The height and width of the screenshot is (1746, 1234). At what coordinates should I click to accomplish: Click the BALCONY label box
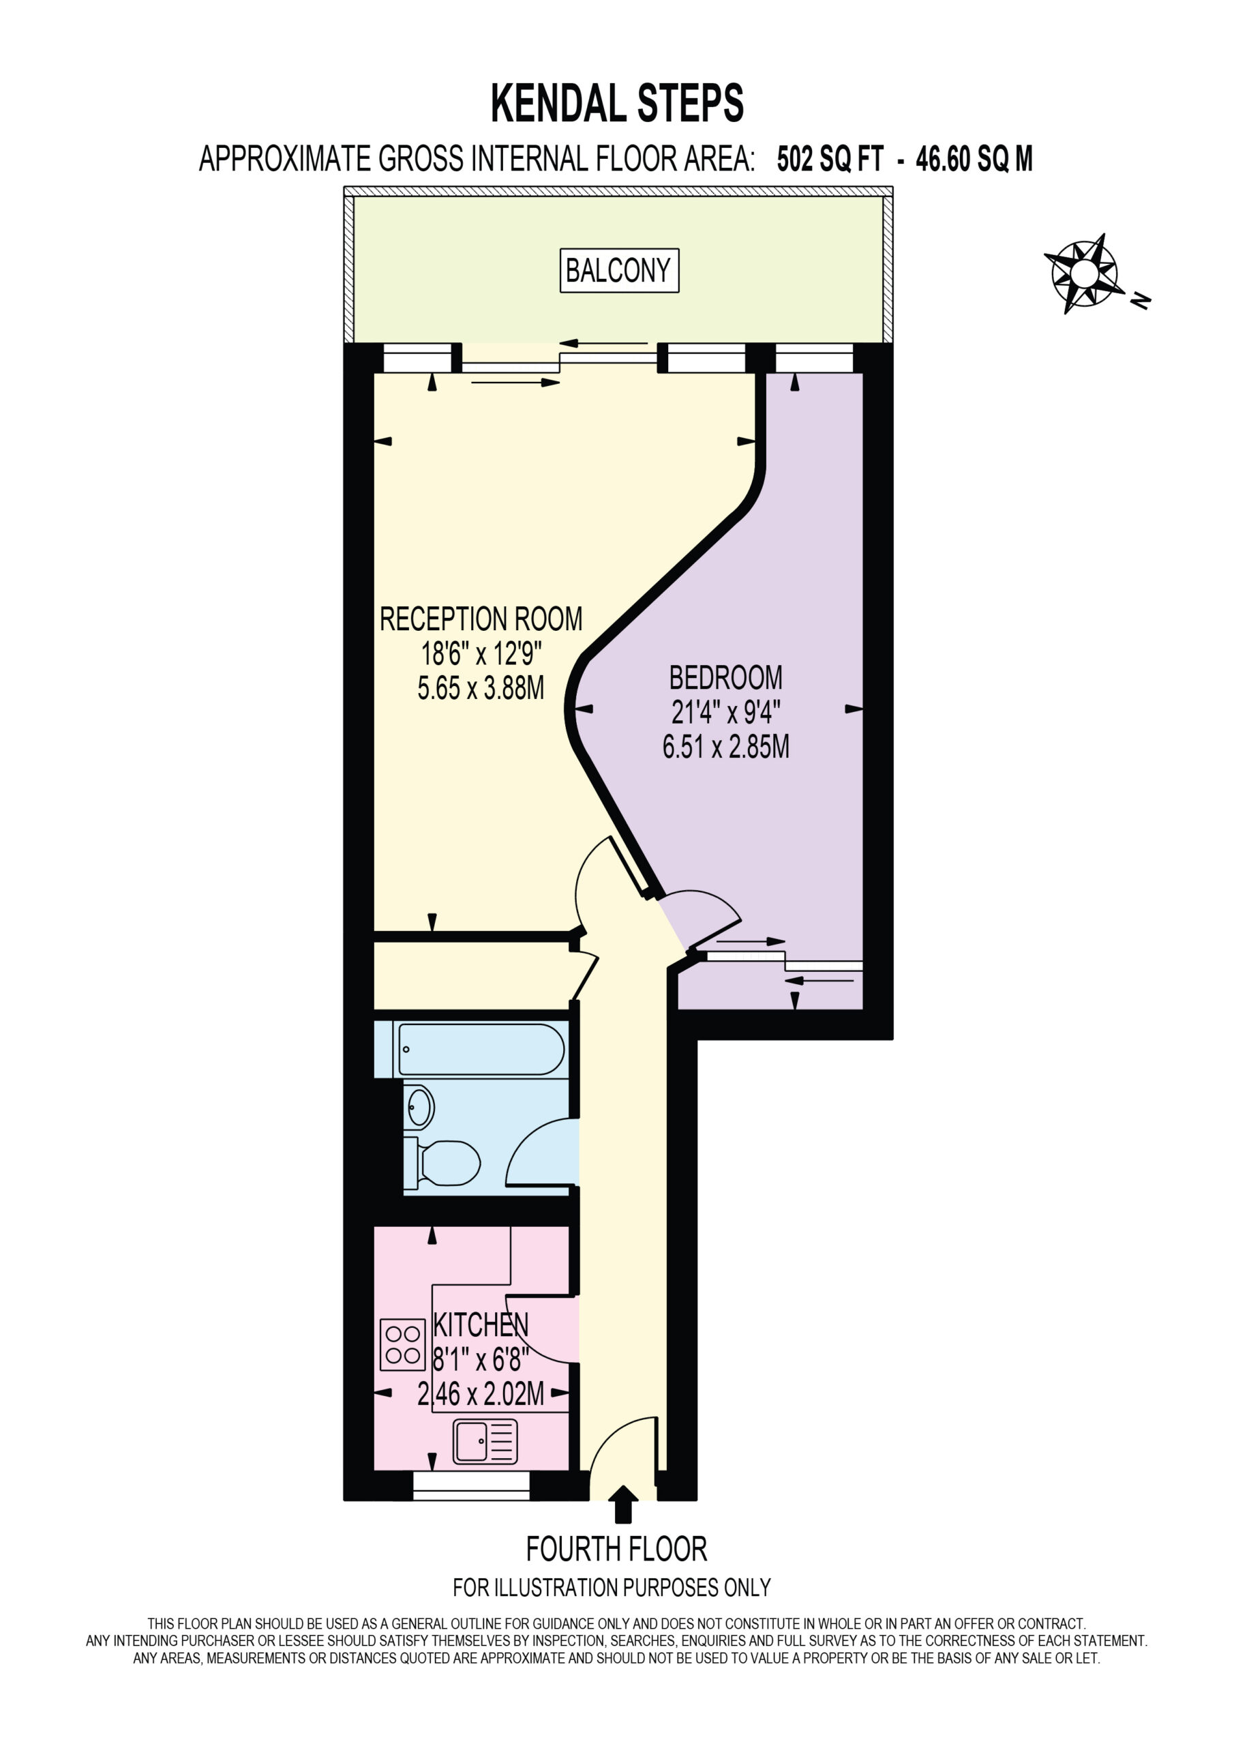tap(619, 270)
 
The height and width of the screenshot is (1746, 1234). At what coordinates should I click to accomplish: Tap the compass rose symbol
tap(1084, 273)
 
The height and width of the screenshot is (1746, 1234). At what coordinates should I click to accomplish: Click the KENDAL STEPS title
tap(616, 103)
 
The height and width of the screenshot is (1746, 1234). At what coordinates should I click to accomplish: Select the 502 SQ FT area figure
tap(830, 159)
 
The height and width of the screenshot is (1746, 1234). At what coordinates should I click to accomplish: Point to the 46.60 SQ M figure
tap(974, 159)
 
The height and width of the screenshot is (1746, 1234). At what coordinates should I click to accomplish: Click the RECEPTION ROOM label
tap(481, 619)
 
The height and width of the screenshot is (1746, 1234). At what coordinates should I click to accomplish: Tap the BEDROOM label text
tap(725, 677)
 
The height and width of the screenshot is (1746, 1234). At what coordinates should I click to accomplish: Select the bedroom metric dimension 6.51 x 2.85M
tap(725, 747)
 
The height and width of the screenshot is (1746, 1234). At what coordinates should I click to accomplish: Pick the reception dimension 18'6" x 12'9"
tap(481, 653)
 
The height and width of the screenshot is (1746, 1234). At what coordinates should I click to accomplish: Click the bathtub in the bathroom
tap(481, 1050)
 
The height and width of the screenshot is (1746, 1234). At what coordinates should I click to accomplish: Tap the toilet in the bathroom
tap(442, 1162)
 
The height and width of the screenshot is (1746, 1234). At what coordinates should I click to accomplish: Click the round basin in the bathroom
tap(420, 1106)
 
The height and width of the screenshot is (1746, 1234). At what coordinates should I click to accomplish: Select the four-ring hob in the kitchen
tap(402, 1344)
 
